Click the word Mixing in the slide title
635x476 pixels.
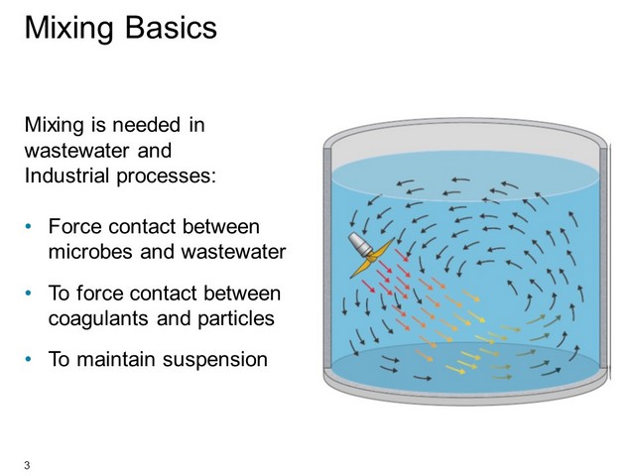pos(68,29)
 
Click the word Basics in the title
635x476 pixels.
pos(171,28)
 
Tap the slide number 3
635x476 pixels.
pos(27,465)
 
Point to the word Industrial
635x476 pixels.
pos(66,176)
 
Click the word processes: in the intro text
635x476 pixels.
pos(167,177)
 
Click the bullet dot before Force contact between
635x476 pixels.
pos(28,226)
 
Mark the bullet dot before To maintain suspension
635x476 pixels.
pos(28,359)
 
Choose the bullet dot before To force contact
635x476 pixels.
pos(28,294)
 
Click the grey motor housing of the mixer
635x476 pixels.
pos(359,244)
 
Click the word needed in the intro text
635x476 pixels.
pos(146,125)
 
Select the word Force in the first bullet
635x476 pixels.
pos(75,226)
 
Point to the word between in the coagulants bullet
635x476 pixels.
pos(242,294)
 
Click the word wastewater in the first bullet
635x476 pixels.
pos(233,252)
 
